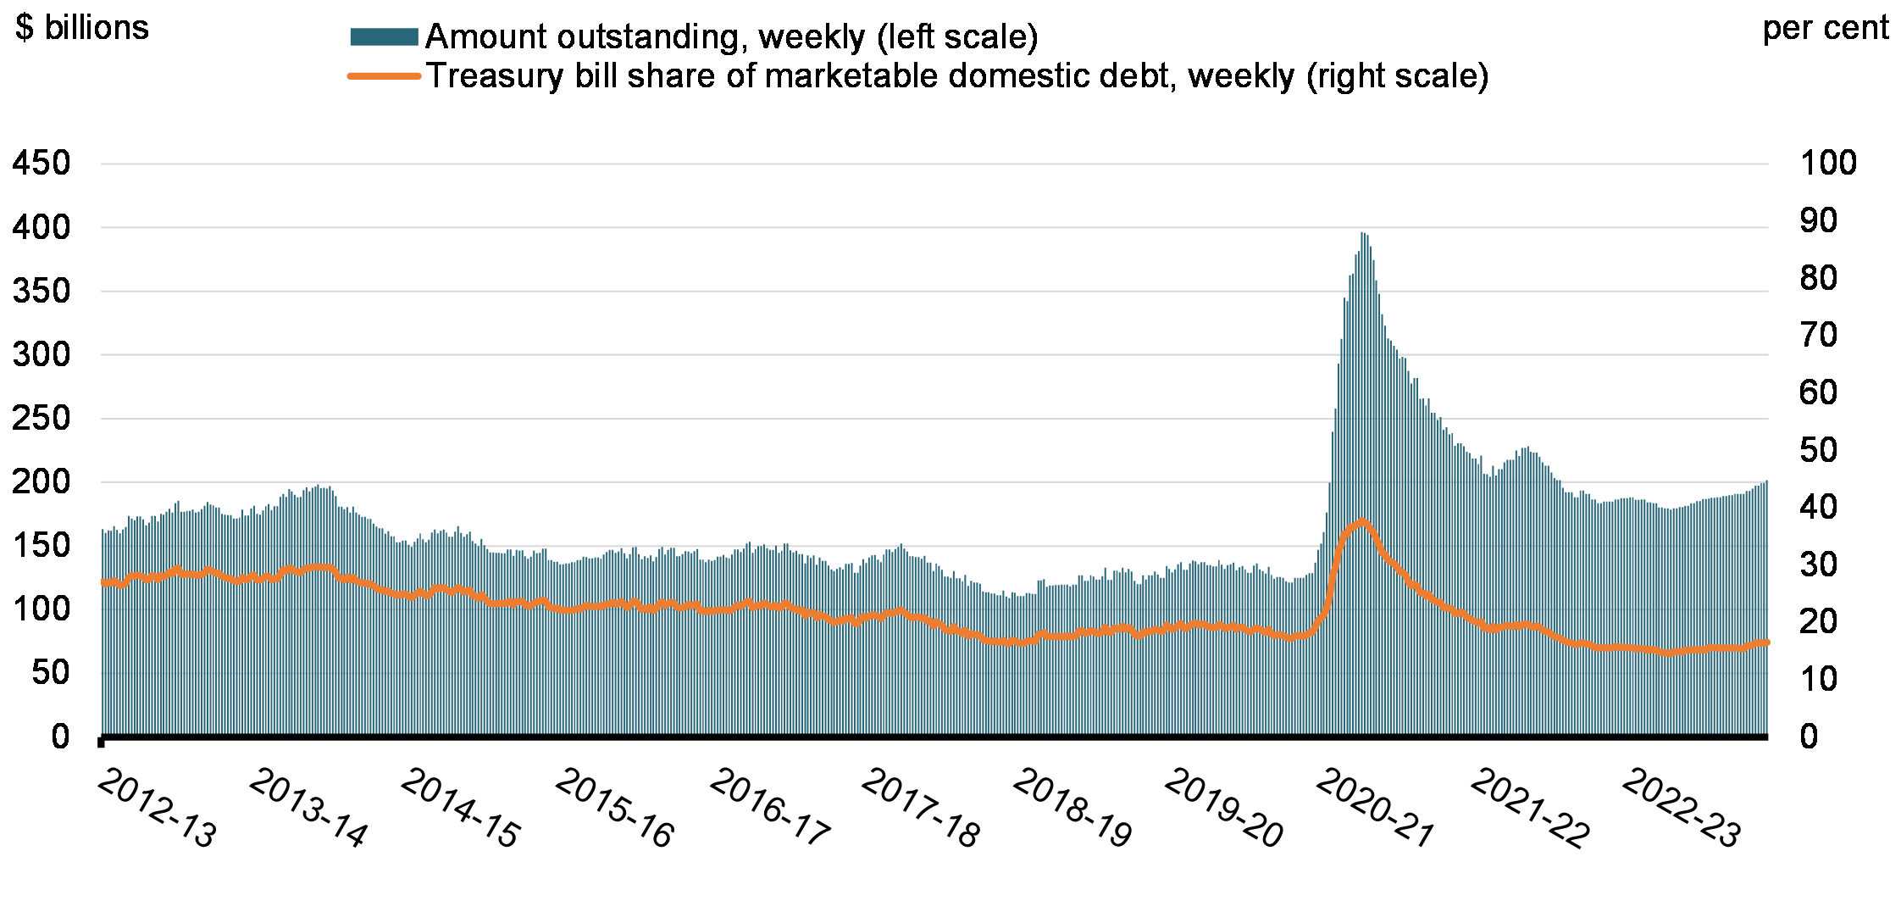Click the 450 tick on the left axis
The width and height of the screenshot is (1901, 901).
(x=41, y=163)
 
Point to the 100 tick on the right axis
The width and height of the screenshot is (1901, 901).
(x=1828, y=163)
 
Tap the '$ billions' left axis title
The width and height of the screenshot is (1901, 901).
(x=82, y=28)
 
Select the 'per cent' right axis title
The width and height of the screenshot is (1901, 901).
(x=1825, y=28)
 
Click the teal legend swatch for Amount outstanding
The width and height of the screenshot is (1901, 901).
(x=384, y=37)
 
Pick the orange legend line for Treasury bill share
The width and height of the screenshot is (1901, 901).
(x=384, y=76)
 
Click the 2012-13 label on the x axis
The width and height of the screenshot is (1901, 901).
(x=158, y=809)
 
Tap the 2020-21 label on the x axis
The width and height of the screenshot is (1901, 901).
(x=1375, y=809)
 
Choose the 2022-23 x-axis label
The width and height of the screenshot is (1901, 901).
(x=1681, y=809)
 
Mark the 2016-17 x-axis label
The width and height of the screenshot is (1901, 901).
(x=769, y=809)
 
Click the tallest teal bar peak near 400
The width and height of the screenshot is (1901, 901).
(x=1362, y=234)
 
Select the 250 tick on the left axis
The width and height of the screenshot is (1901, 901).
(x=41, y=418)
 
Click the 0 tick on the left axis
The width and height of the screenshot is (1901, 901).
(x=60, y=737)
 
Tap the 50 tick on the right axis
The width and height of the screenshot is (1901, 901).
(x=1818, y=449)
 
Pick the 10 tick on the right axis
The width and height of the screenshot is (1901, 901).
(x=1818, y=679)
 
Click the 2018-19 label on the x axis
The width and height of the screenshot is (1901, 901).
(x=1072, y=809)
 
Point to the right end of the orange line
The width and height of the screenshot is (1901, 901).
(x=1766, y=642)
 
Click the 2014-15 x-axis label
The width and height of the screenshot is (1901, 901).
(x=460, y=809)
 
